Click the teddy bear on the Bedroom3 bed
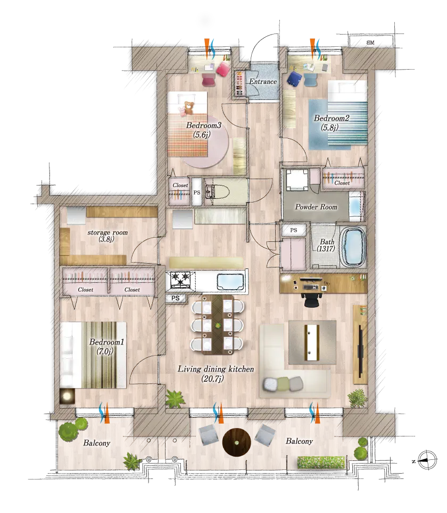(188, 107)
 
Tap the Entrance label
(263, 81)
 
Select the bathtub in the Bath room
(353, 246)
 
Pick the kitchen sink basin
(230, 282)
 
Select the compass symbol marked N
(427, 461)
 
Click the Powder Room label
(316, 207)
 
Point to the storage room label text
(107, 236)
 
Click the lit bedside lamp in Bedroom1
(67, 396)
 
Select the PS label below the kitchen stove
(176, 298)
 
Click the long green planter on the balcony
(321, 462)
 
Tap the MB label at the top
(370, 43)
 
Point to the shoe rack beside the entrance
(239, 84)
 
